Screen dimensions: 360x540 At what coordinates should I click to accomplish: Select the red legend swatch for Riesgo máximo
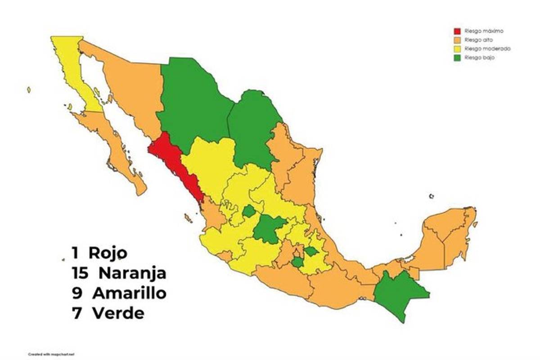(x=457, y=31)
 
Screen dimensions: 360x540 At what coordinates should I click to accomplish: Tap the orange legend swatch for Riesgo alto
(x=457, y=40)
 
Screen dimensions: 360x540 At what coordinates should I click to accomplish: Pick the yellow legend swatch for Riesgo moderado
(x=457, y=49)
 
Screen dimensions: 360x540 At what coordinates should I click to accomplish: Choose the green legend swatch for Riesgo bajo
(x=457, y=58)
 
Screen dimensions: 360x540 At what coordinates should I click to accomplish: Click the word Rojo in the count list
(x=108, y=253)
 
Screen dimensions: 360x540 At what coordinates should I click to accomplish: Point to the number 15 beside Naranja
(x=81, y=273)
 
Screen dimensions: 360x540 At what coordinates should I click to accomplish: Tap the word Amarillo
(x=129, y=293)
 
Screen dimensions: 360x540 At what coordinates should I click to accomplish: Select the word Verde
(x=118, y=313)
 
